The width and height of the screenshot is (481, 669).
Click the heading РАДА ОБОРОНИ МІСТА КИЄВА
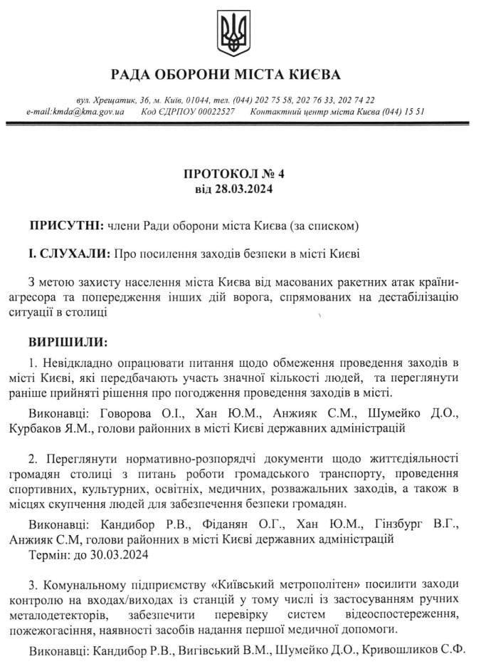226,74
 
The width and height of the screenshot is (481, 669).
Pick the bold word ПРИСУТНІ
66,225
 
